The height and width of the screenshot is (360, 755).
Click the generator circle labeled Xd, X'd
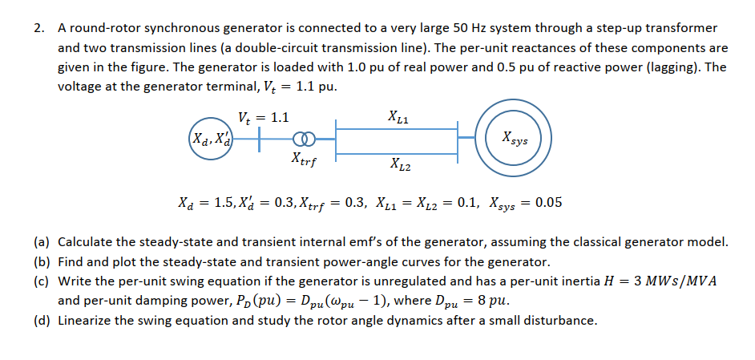pyautogui.click(x=208, y=144)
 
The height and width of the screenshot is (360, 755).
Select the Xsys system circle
pyautogui.click(x=513, y=141)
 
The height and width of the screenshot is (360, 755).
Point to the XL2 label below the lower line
pyautogui.click(x=399, y=166)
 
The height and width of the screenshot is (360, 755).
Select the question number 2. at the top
pyautogui.click(x=39, y=29)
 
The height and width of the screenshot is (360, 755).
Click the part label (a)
pyautogui.click(x=42, y=241)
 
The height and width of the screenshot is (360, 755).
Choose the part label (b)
pyautogui.click(x=42, y=261)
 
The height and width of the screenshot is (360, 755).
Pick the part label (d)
pyautogui.click(x=42, y=321)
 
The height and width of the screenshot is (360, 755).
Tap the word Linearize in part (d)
pyautogui.click(x=87, y=321)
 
